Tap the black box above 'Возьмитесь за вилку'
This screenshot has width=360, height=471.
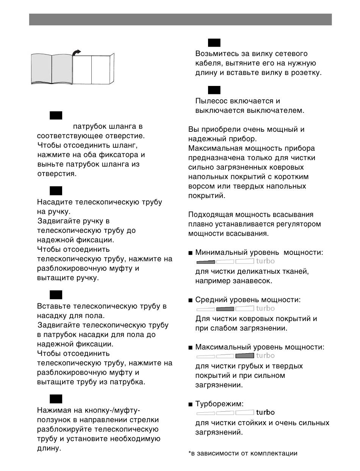[x=214, y=42]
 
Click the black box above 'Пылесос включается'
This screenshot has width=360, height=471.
[x=214, y=90]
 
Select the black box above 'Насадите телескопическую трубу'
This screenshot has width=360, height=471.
[x=55, y=190]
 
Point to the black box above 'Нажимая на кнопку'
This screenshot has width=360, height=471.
[x=55, y=399]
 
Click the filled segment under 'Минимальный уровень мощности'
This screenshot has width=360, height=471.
[x=206, y=261]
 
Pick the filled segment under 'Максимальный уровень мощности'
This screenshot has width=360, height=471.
[x=244, y=356]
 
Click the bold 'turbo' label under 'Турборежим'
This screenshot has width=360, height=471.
[x=265, y=412]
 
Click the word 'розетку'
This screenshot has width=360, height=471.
[x=305, y=73]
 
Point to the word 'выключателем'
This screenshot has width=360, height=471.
[x=277, y=111]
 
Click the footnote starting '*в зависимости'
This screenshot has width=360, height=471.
[x=243, y=453]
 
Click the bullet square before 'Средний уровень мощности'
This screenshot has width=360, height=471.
[x=191, y=300]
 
